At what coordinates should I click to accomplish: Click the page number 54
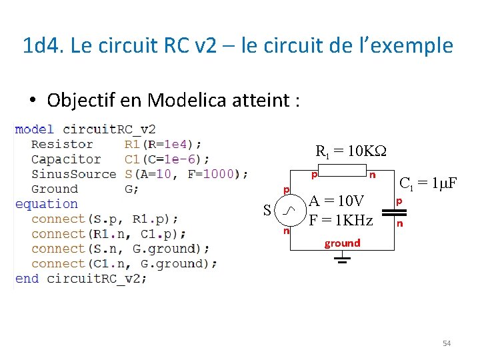click(447, 343)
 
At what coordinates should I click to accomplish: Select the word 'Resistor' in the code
click(62, 144)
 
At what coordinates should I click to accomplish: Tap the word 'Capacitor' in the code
click(65, 159)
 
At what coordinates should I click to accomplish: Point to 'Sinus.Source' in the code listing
click(73, 174)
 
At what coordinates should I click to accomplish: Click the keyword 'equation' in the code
click(46, 204)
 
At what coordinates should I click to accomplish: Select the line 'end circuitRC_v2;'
click(81, 279)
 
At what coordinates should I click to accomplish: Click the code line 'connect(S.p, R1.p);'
click(105, 219)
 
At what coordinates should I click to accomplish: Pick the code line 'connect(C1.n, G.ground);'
click(124, 263)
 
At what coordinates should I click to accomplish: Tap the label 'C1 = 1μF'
click(427, 182)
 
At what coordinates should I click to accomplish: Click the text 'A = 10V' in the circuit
click(336, 201)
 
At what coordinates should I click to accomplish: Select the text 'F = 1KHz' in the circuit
click(341, 219)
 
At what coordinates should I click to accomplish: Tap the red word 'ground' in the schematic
click(342, 243)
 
